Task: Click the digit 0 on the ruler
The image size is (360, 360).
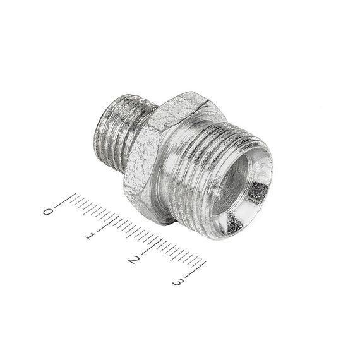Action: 47,211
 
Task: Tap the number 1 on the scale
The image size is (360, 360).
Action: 90,236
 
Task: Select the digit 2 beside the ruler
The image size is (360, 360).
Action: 134,260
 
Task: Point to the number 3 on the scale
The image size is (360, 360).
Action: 178,282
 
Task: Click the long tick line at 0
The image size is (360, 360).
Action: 66,200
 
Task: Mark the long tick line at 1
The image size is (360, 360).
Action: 108,224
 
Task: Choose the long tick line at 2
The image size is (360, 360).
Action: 150,246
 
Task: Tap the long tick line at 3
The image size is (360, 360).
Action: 196,268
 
